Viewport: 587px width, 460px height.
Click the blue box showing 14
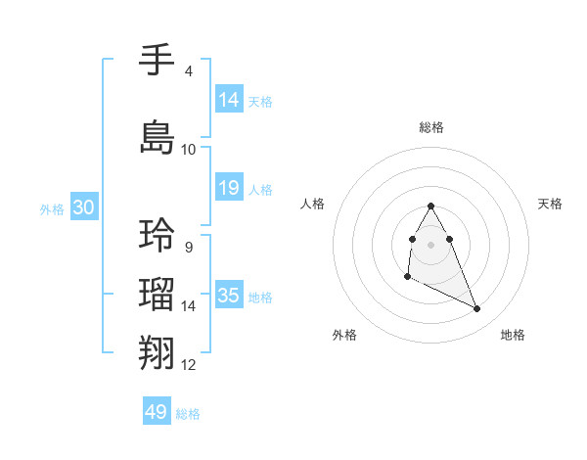click(229, 100)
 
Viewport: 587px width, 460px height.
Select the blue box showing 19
click(229, 189)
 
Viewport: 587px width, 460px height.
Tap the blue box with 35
click(229, 296)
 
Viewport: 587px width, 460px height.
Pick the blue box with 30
click(83, 207)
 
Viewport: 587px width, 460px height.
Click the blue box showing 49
click(157, 412)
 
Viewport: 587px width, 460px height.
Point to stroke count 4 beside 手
click(188, 71)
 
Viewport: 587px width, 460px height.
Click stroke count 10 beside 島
click(188, 149)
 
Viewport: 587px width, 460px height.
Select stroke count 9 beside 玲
click(188, 247)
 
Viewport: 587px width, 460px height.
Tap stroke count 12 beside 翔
click(188, 365)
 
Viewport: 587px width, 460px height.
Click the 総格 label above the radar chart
click(431, 127)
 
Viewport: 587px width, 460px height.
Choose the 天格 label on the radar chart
click(551, 204)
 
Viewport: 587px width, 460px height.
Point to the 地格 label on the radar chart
click(513, 335)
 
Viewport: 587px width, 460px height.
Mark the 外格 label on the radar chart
click(344, 335)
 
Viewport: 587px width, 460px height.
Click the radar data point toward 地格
click(477, 309)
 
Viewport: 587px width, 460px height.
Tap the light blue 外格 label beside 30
click(52, 208)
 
